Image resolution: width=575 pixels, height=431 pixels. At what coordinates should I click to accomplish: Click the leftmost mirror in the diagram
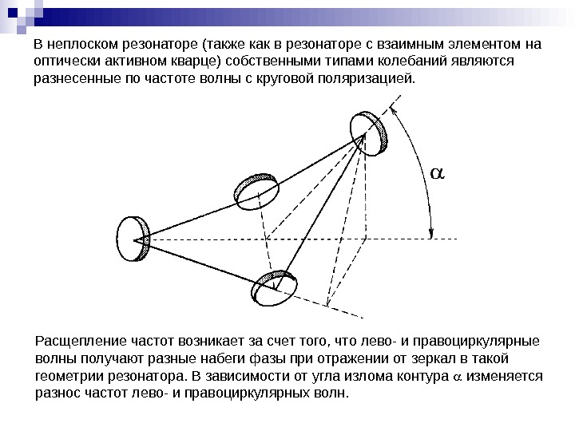pos(133,236)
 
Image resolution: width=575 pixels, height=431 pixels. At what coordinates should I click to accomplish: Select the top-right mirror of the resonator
pos(370,134)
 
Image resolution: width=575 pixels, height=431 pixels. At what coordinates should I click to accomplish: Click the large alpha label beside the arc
pos(438,173)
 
